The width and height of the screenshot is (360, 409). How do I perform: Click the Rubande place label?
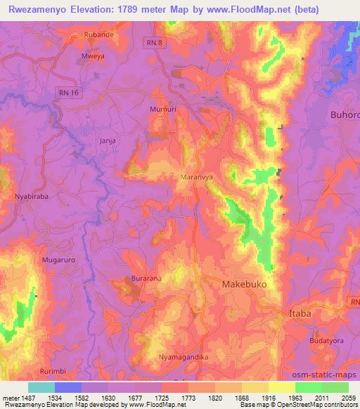98,34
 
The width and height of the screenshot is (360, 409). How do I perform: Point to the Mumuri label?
162,110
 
